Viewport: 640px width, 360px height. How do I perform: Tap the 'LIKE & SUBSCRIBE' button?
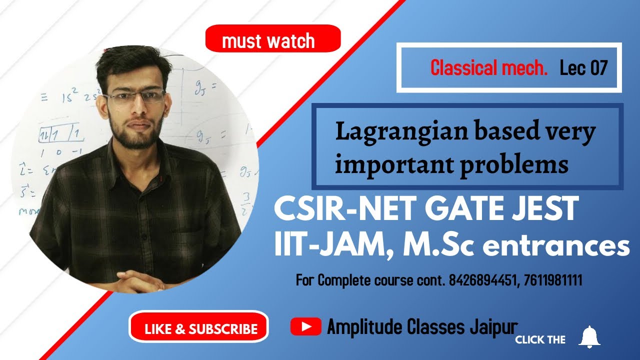pos(199,328)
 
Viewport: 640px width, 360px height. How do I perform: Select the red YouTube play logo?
pos(305,327)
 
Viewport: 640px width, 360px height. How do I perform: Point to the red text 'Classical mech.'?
pos(489,68)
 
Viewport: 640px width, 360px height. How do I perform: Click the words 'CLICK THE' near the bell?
pos(540,340)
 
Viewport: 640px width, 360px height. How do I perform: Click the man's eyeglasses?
pos(135,96)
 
